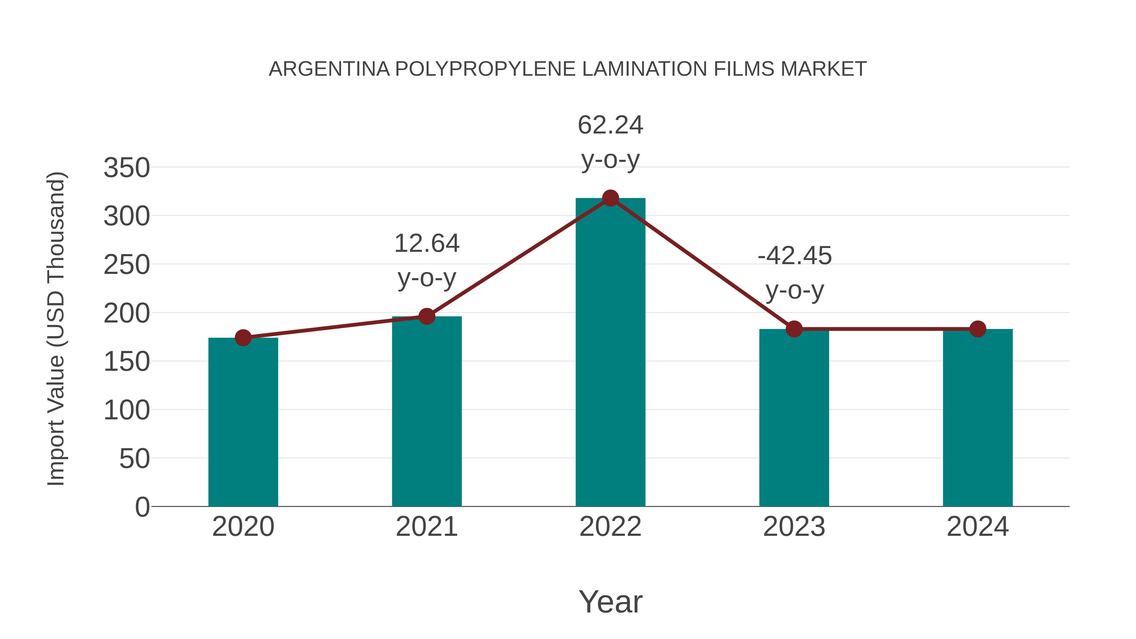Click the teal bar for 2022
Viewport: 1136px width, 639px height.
[610, 353]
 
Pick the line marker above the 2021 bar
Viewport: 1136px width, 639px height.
[426, 316]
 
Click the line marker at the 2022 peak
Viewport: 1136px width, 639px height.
[610, 198]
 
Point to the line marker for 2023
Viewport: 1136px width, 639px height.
[794, 329]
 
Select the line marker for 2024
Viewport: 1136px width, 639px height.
[978, 329]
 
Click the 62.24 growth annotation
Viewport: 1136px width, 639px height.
[610, 125]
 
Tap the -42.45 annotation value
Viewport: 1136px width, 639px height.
[795, 256]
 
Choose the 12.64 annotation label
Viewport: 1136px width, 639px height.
[426, 243]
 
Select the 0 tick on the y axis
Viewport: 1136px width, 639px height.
[142, 507]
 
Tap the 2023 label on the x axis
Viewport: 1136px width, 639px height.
[794, 527]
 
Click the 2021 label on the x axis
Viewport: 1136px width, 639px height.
[426, 527]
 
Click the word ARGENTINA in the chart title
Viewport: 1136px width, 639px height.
[329, 69]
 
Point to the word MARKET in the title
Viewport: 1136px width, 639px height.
[823, 69]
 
